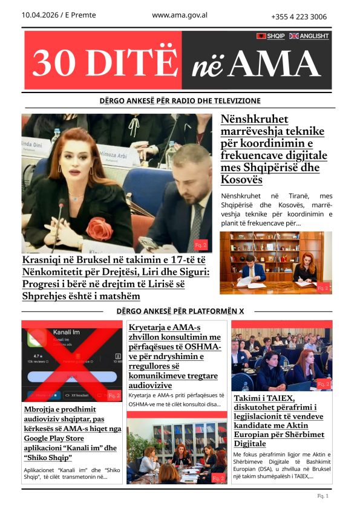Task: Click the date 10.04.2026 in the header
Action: click(41, 15)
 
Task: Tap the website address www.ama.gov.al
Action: click(180, 15)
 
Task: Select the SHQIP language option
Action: click(275, 36)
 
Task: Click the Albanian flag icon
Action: click(261, 36)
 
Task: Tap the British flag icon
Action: click(294, 36)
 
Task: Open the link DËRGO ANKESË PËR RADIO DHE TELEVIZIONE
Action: click(180, 101)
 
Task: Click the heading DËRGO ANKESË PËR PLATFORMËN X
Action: click(180, 311)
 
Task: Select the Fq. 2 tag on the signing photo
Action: click(324, 288)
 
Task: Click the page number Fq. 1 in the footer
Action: click(322, 496)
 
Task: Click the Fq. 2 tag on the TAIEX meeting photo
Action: click(323, 384)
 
